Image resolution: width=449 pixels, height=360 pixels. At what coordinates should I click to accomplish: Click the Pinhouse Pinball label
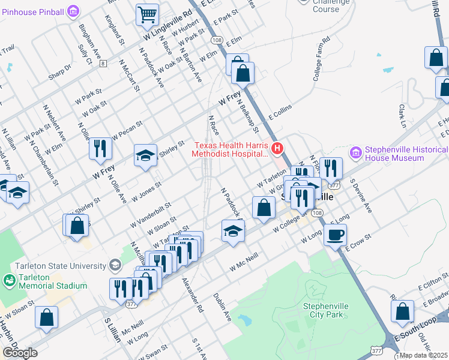point(33,11)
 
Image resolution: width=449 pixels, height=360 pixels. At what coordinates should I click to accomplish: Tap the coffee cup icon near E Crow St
point(335,235)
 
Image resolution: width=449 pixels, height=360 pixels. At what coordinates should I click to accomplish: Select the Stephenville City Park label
point(326,310)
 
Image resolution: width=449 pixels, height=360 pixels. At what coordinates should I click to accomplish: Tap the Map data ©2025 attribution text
point(423,355)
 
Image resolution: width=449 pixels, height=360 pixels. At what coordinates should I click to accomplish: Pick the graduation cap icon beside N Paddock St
point(233,231)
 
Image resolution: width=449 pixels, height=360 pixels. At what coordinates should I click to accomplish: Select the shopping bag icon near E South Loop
point(402,311)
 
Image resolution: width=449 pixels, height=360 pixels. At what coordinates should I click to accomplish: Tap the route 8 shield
point(104,63)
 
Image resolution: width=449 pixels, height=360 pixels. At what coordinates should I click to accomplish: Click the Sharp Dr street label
point(60,71)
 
